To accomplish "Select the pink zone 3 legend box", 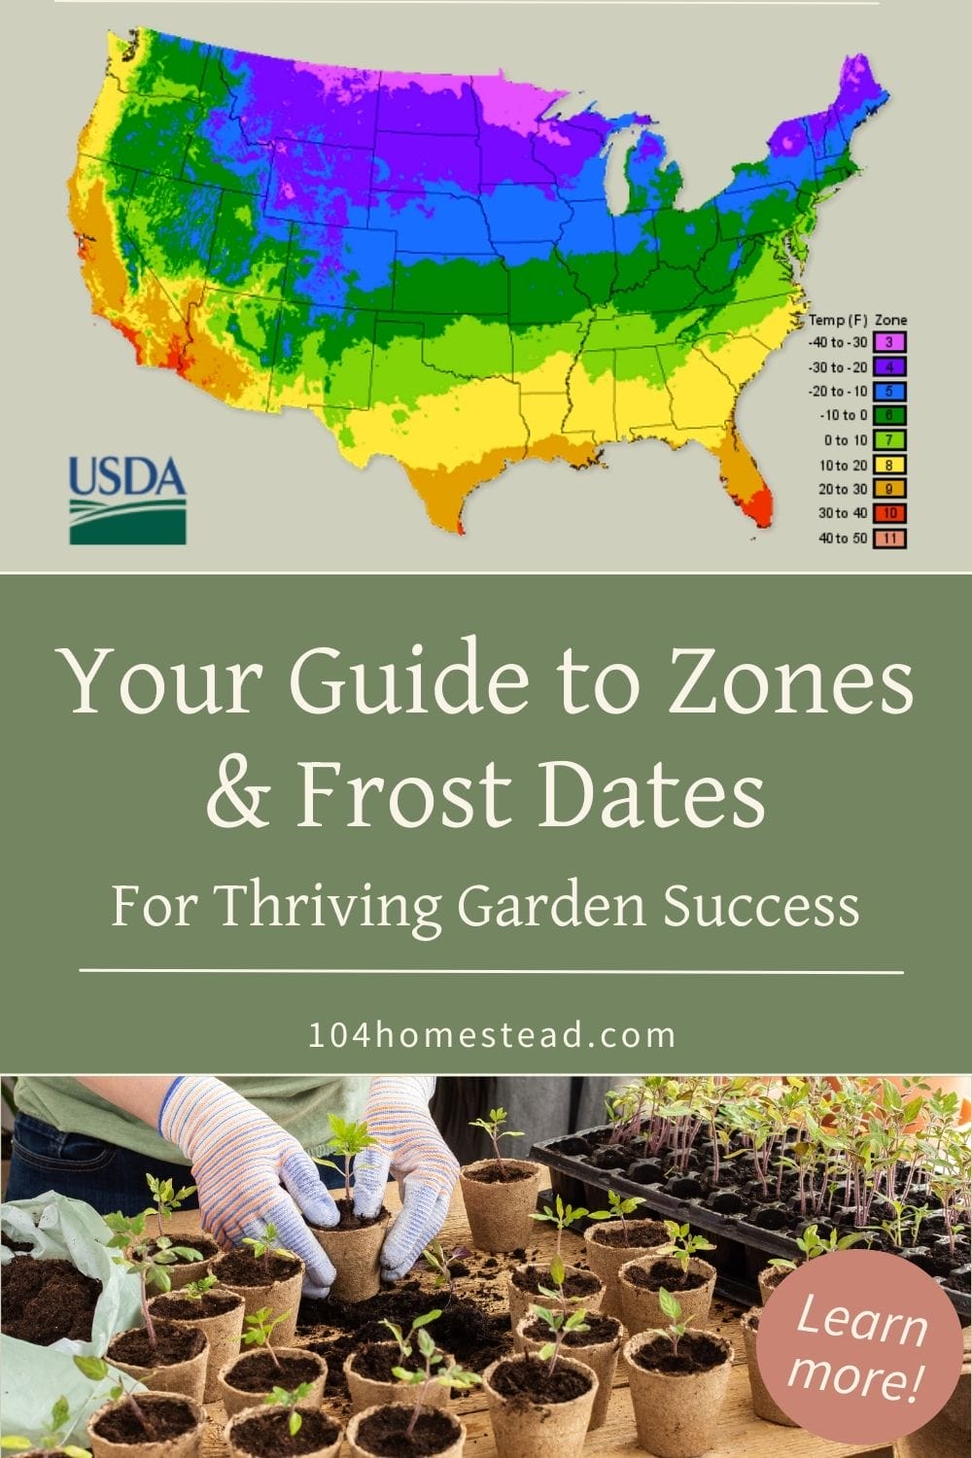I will point(889,343).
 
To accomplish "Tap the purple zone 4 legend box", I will point(889,367).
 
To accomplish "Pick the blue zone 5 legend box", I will point(889,392).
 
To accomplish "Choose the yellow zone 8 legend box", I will point(889,466).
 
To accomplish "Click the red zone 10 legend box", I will point(889,513).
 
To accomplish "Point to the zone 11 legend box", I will point(889,538).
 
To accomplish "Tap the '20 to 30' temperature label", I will point(842,490).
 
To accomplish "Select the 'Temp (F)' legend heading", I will point(838,320).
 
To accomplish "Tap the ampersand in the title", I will point(238,795).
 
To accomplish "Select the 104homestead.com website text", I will point(491,1035).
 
